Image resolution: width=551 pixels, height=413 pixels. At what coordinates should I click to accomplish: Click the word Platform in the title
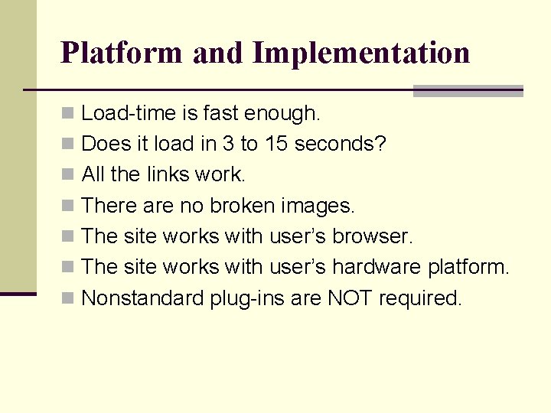click(x=122, y=53)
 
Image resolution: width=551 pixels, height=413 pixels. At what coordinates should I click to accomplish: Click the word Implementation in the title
click(x=360, y=53)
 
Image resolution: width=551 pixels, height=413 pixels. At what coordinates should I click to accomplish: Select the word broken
click(x=243, y=206)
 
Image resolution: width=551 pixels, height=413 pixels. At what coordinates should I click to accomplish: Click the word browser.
click(x=373, y=236)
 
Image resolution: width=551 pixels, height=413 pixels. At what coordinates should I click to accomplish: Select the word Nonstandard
click(x=142, y=298)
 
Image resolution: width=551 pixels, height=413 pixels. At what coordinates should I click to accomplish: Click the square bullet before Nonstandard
click(x=67, y=298)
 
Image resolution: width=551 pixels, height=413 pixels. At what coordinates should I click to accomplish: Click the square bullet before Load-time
click(x=67, y=114)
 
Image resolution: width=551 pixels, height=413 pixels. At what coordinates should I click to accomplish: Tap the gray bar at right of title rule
click(x=468, y=91)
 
